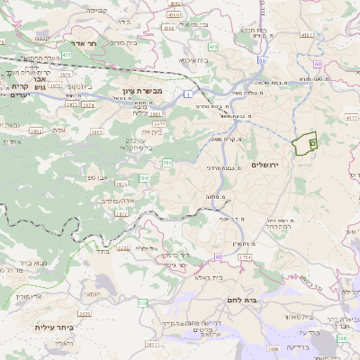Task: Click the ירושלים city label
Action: click(x=265, y=165)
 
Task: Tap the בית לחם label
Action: click(x=263, y=300)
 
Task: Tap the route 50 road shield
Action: click(x=262, y=61)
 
